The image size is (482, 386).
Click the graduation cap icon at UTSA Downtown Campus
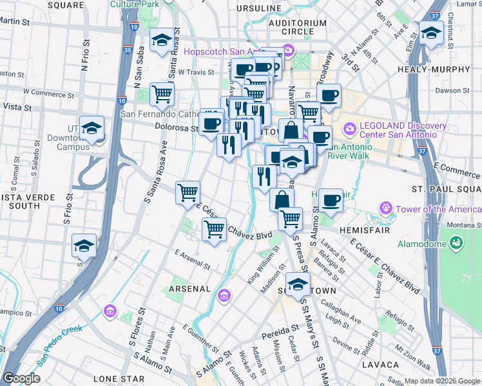92,128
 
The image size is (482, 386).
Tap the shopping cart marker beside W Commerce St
162,95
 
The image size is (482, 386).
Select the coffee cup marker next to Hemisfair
331,200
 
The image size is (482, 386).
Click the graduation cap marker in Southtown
298,284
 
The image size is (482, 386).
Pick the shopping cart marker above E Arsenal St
214,229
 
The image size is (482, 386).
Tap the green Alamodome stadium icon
456,243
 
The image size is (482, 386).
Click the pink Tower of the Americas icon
386,208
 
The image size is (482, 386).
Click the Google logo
21,378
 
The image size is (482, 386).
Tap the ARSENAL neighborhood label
189,289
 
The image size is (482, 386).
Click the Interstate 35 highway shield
128,49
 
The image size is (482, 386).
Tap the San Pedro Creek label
59,338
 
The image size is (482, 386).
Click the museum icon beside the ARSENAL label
224,296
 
